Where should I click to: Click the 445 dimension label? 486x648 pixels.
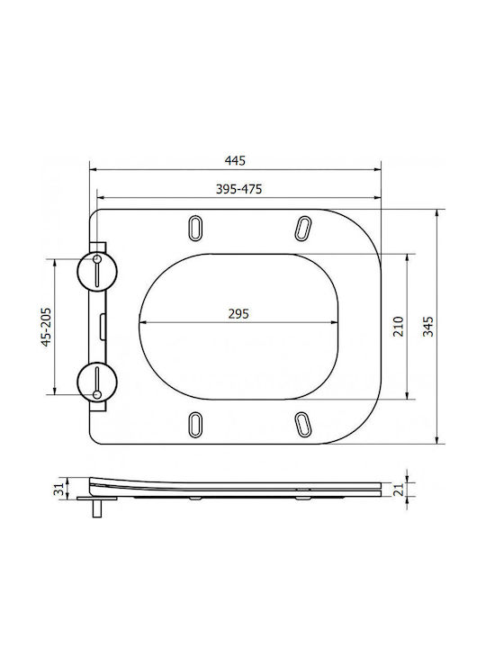point(235,160)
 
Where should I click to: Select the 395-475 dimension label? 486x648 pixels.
point(238,189)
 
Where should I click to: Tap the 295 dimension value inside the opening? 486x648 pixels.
point(238,314)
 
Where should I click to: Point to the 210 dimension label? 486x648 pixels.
point(399,326)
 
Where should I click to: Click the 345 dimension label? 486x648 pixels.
point(428,326)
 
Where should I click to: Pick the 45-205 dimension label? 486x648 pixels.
point(46,327)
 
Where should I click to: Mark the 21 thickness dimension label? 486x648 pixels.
point(398,490)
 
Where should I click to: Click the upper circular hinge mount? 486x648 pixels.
point(97,272)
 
